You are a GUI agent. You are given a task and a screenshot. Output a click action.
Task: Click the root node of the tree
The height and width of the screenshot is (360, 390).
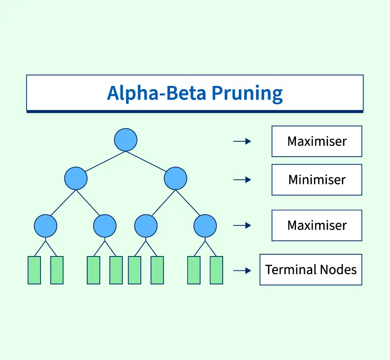click(x=126, y=139)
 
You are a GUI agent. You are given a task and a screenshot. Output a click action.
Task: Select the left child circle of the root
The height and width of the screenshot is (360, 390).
click(x=76, y=178)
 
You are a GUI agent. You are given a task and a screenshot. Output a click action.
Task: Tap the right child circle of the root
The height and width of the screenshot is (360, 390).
click(x=175, y=178)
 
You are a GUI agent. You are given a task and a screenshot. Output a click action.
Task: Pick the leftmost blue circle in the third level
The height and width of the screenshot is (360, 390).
click(x=45, y=225)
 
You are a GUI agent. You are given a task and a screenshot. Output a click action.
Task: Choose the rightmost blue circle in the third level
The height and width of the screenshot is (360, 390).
click(x=205, y=225)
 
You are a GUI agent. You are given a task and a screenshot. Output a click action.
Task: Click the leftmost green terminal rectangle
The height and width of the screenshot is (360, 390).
click(x=34, y=270)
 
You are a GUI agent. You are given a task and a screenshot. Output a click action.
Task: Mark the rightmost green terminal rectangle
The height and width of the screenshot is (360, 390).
click(x=216, y=270)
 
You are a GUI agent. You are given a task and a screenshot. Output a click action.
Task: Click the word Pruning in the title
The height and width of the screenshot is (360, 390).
click(x=247, y=94)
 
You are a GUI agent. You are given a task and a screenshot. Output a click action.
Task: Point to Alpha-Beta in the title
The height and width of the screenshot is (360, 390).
click(x=157, y=93)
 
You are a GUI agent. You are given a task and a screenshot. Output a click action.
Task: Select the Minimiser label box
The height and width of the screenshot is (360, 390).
click(x=317, y=180)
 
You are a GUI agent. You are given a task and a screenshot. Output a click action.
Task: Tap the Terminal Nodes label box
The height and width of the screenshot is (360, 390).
click(x=311, y=270)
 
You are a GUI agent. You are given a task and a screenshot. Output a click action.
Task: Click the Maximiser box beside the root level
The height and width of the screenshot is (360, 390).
click(x=317, y=141)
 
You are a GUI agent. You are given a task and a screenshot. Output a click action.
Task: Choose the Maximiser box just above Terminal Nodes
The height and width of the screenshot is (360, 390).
click(x=317, y=225)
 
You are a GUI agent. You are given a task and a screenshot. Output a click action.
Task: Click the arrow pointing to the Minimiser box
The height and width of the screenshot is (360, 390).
click(x=242, y=180)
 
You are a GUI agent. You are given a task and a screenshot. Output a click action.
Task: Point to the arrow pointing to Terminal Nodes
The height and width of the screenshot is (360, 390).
click(x=242, y=270)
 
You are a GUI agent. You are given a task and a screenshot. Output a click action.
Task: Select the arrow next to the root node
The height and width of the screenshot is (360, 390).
click(x=242, y=141)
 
